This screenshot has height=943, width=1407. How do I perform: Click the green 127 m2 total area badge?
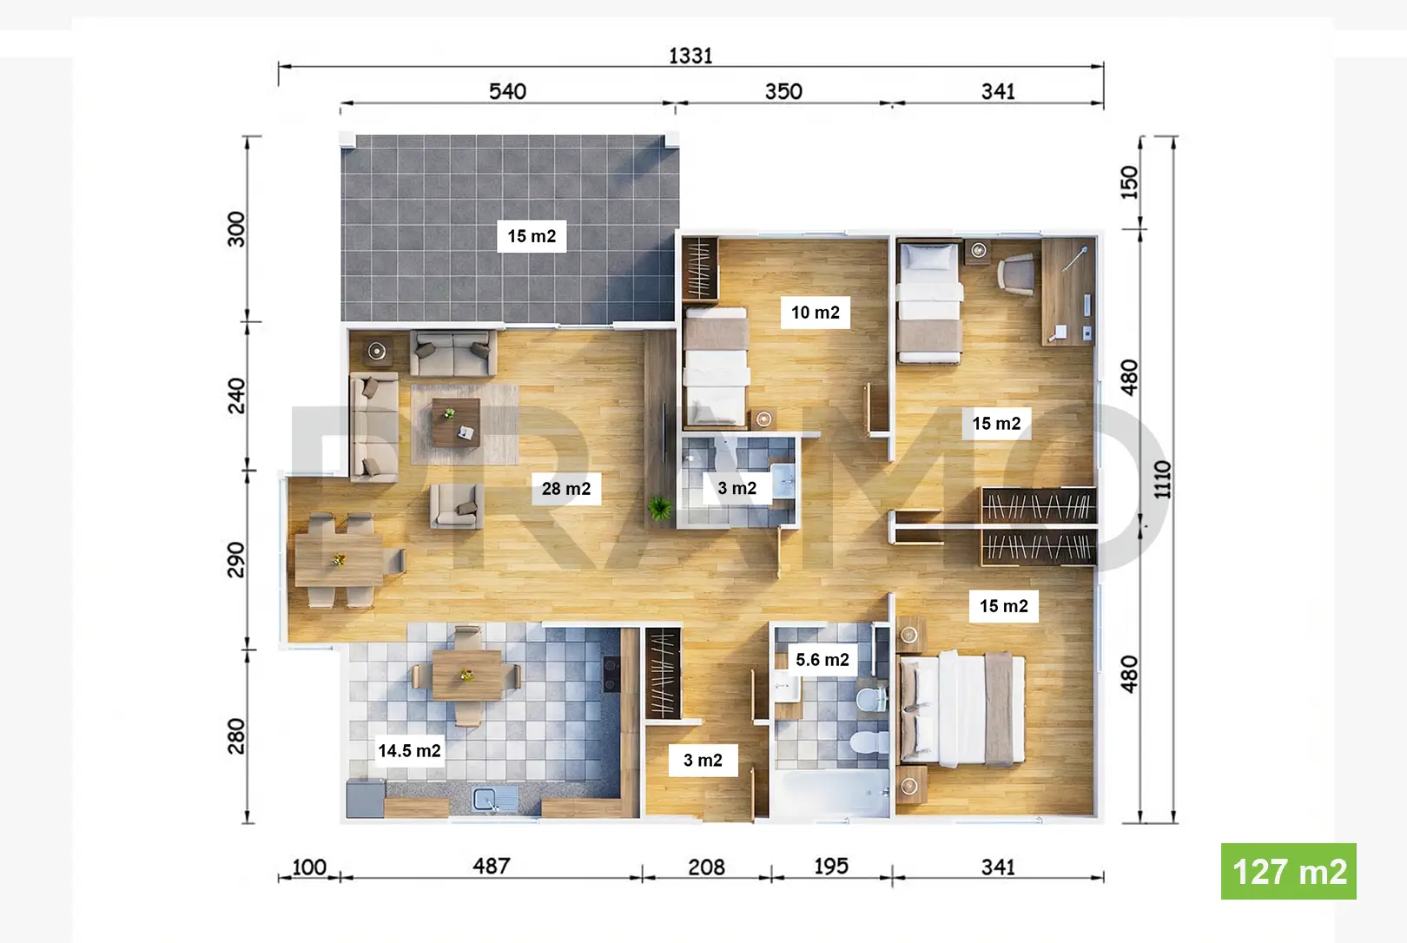point(1288,871)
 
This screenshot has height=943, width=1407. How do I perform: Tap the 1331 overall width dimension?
point(690,56)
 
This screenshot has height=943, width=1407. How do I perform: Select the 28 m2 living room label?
point(566,489)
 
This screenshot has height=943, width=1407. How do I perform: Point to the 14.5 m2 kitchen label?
point(410,750)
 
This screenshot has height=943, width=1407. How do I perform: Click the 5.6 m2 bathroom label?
point(822,659)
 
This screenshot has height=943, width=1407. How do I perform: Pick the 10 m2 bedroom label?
point(816,312)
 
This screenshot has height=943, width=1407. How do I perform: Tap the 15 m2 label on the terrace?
point(532,236)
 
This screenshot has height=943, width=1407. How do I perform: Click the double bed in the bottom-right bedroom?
point(962,709)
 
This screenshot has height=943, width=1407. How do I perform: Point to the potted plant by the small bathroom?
point(659,507)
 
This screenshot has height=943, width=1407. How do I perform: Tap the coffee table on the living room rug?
point(456,423)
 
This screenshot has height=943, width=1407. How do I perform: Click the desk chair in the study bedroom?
point(1016,274)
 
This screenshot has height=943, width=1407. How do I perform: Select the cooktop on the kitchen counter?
point(611,674)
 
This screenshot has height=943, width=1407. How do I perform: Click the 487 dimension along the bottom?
point(492,867)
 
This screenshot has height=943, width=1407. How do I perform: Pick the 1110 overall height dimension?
point(1162,479)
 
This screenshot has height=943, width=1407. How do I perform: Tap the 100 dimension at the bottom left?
point(309,867)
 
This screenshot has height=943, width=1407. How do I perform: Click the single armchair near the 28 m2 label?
point(457,505)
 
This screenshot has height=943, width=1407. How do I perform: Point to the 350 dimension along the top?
point(783,92)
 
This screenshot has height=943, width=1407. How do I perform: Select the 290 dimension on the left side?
point(235,559)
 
